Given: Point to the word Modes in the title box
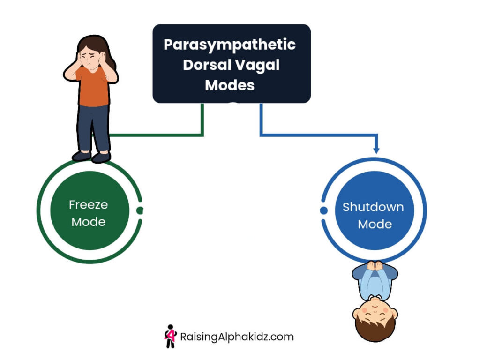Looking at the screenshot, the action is (x=230, y=85).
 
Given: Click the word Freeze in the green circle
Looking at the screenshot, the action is (x=89, y=204).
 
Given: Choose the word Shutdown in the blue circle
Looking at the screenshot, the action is (x=373, y=207).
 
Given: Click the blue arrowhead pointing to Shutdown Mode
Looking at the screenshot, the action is (x=376, y=150).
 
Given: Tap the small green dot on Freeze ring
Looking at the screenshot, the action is (x=140, y=210).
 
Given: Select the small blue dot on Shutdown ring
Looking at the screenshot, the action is (x=323, y=210).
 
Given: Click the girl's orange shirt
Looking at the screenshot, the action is (x=94, y=87).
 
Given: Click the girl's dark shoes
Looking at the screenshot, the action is (x=91, y=157).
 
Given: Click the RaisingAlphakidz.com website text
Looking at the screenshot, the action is (x=237, y=337).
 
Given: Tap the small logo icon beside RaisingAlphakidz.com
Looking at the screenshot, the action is (x=170, y=336).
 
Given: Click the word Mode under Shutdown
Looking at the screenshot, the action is (x=375, y=224).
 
